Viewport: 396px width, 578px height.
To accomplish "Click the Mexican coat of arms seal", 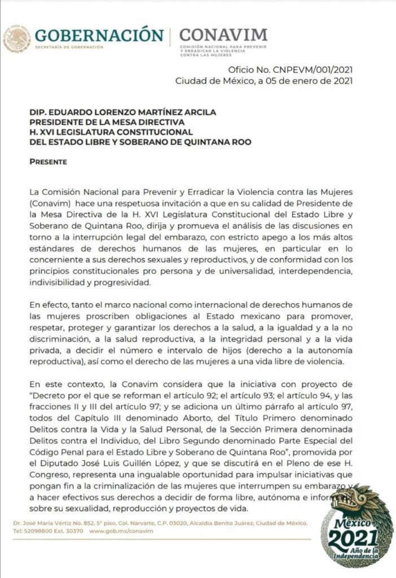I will tap(16, 38).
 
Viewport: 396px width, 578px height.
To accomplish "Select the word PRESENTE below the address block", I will tap(48, 162).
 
